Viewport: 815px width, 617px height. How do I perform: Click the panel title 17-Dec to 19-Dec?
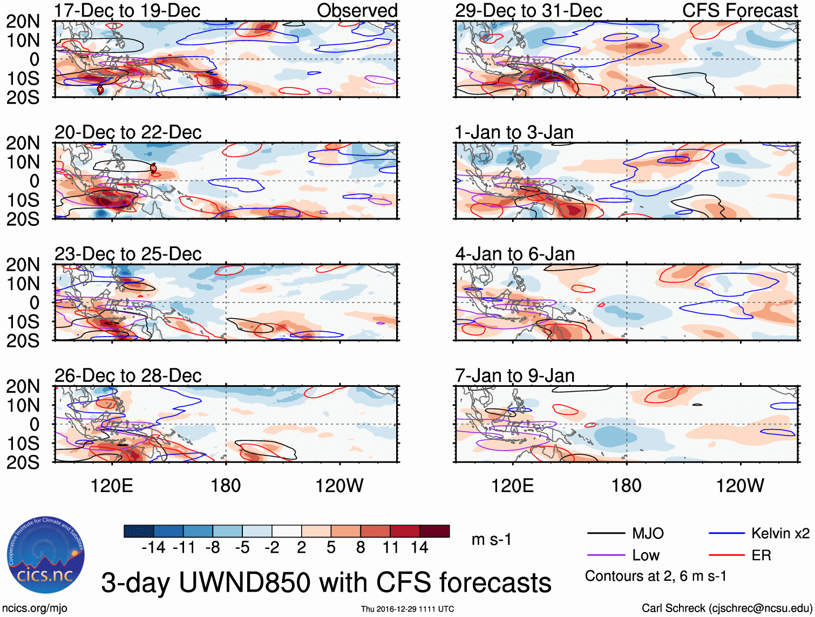(127, 11)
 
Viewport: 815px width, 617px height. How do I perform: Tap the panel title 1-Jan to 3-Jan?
(514, 132)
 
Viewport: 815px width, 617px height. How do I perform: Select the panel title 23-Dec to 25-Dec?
(128, 254)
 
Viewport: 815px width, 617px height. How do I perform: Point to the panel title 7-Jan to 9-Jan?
(515, 375)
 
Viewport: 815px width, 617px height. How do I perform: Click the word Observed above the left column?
(357, 11)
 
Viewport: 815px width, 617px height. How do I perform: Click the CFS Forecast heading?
(740, 11)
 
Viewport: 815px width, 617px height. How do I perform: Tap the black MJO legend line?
(606, 534)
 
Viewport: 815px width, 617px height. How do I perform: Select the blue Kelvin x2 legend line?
(726, 534)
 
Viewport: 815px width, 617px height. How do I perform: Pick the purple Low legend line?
(606, 555)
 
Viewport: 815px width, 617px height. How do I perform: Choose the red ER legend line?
(726, 555)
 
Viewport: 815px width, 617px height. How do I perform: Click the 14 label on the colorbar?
(419, 548)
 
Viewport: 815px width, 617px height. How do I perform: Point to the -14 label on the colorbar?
(153, 548)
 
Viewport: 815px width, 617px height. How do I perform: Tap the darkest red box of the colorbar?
(434, 531)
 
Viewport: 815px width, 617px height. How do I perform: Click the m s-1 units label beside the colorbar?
(491, 540)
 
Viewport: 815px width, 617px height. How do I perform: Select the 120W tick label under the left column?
(339, 486)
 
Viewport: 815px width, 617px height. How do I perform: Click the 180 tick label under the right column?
(626, 486)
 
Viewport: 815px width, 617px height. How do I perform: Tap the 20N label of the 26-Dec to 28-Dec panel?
(23, 386)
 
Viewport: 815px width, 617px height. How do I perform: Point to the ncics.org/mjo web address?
(35, 608)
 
